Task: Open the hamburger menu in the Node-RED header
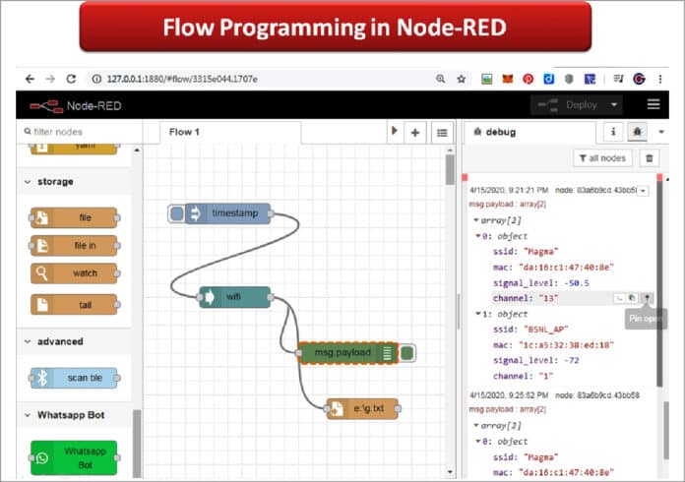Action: tap(654, 104)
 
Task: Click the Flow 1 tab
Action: tap(184, 132)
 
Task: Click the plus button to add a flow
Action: tap(415, 132)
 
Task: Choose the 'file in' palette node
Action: tap(74, 245)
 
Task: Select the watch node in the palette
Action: tap(74, 273)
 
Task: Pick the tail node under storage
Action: tap(74, 305)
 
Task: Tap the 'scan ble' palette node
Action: tap(74, 378)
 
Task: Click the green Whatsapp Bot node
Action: tap(74, 457)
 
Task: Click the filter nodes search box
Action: tap(79, 132)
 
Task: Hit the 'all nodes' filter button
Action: tap(601, 157)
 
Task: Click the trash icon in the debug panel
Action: tap(648, 157)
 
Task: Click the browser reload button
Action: tap(71, 78)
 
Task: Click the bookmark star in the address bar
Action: tap(460, 78)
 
